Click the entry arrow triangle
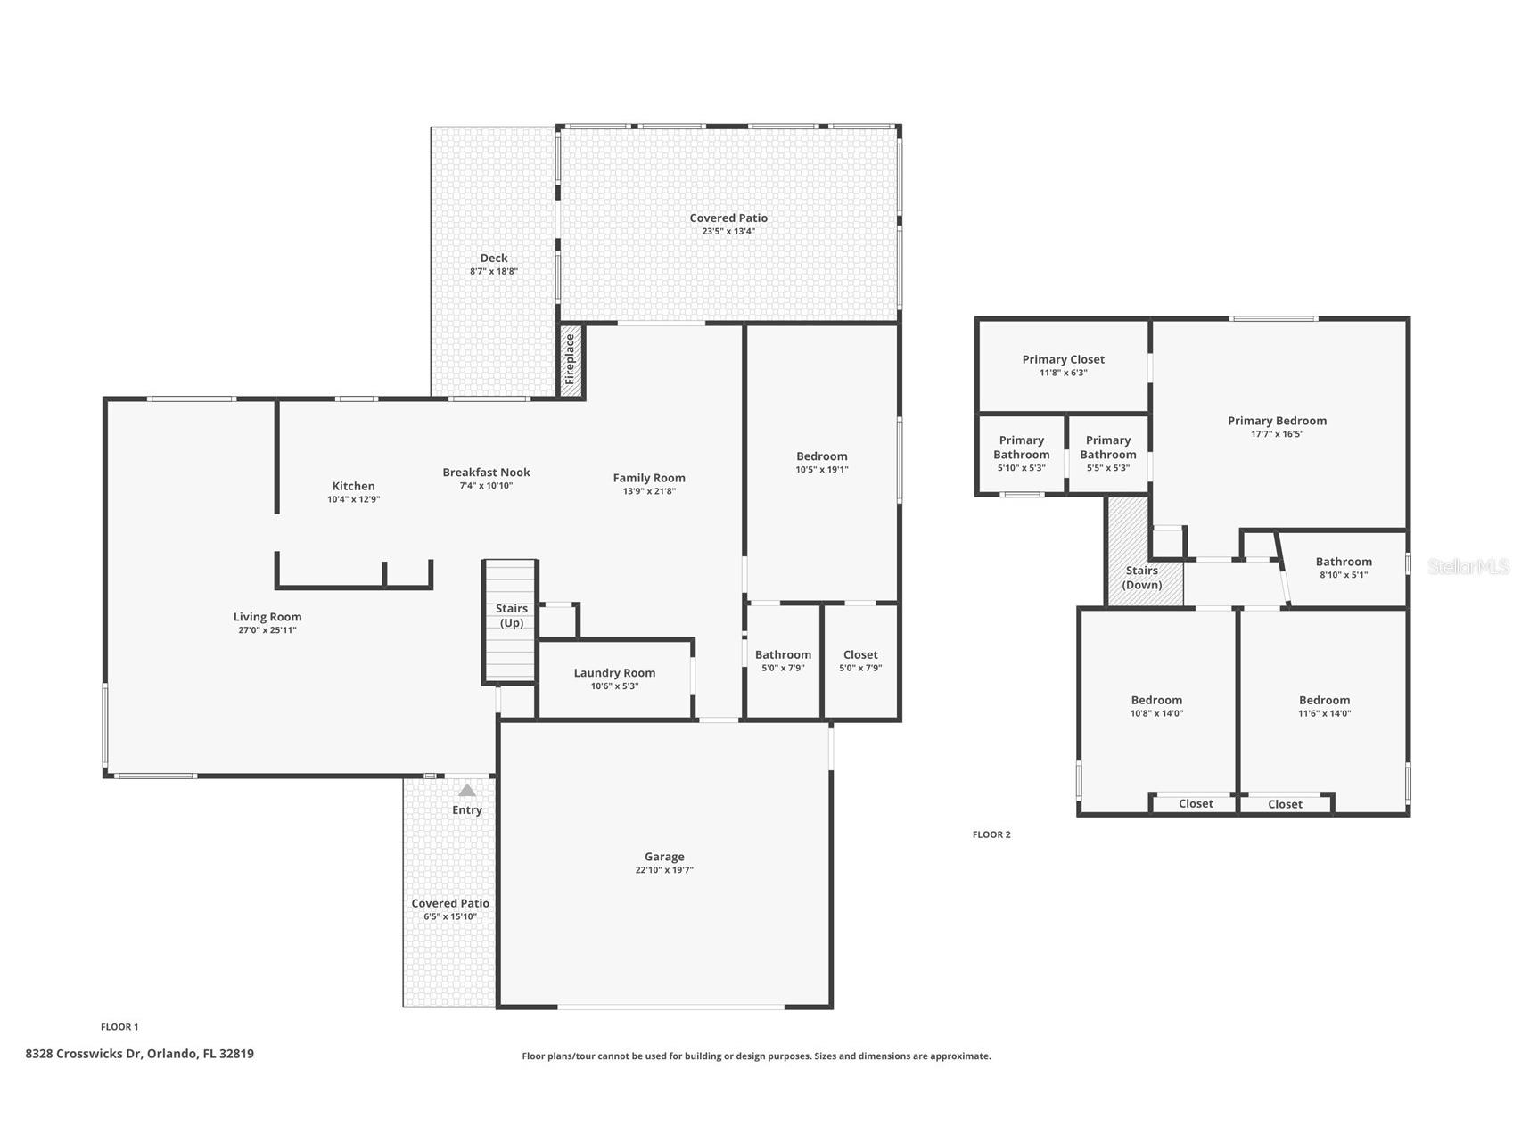coord(467,790)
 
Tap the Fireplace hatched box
coord(571,360)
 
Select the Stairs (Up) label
coord(512,616)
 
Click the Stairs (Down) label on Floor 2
coord(1142,578)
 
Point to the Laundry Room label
coord(614,673)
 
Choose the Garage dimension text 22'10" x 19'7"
coord(664,870)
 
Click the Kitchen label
coord(354,486)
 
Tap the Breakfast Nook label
coord(487,472)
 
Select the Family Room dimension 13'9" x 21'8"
coord(649,491)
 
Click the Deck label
coord(494,259)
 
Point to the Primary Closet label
coord(1064,359)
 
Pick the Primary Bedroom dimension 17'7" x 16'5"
coord(1278,434)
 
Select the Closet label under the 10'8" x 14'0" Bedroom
coord(1196,804)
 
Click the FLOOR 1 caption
coord(119,1027)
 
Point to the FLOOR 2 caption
coord(991,834)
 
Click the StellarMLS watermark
coord(1468,566)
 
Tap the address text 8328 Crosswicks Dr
coord(84,1054)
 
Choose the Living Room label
coord(267,617)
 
